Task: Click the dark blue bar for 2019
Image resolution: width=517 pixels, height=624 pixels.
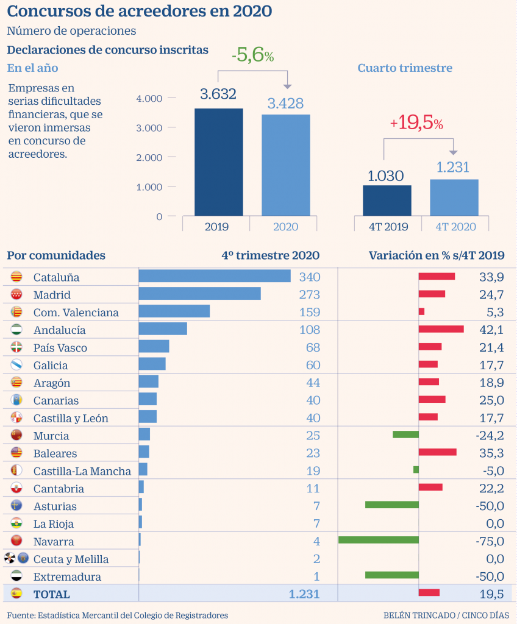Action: click(218, 162)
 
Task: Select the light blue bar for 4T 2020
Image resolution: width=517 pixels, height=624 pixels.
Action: click(454, 197)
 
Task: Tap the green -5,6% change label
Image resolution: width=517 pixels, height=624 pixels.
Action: click(252, 55)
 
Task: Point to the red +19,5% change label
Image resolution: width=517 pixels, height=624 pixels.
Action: click(416, 123)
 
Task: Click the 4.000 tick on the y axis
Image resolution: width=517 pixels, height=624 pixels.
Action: click(149, 98)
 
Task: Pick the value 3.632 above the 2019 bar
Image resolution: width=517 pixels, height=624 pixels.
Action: click(218, 94)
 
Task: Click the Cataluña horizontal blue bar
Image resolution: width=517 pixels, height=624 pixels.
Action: click(215, 277)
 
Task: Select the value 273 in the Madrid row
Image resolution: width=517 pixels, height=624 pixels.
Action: click(309, 295)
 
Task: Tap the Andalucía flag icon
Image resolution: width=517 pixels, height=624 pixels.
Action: click(17, 330)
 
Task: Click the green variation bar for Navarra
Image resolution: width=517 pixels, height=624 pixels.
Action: click(379, 540)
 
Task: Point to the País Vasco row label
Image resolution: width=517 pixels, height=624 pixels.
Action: click(60, 348)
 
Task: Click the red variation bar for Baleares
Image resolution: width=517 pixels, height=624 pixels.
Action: click(438, 452)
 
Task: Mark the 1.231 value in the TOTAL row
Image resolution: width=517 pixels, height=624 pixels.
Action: click(303, 594)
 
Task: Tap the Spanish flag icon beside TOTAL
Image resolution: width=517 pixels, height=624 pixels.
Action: click(17, 594)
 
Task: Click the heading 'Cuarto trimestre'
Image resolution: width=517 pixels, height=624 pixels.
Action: click(405, 68)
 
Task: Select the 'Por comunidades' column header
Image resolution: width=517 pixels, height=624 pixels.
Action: click(56, 255)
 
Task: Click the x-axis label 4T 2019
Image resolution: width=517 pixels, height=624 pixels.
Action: click(388, 227)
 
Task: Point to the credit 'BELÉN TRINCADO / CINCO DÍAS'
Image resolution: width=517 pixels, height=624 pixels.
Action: click(446, 615)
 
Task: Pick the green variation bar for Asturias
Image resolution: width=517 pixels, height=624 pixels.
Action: click(392, 505)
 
